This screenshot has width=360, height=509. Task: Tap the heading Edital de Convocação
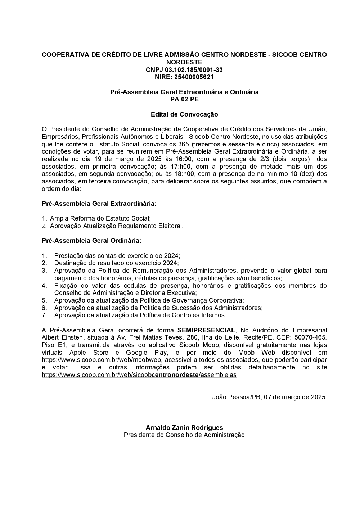point(184,114)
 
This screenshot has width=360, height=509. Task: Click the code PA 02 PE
point(184,99)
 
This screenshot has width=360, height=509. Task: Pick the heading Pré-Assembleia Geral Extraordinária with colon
point(99,204)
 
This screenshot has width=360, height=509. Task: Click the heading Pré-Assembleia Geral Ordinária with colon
point(91,240)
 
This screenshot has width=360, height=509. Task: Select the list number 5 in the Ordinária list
point(44,300)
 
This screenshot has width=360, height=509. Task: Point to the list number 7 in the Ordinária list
point(44,315)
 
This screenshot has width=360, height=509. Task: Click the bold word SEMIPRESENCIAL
point(206,330)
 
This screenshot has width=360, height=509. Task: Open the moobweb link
point(101,360)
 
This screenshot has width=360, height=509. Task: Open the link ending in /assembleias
point(139,375)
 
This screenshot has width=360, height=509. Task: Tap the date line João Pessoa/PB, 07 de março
point(269,397)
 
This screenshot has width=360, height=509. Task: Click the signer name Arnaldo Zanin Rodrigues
point(184,428)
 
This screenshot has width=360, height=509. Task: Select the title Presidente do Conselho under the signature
point(184,435)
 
